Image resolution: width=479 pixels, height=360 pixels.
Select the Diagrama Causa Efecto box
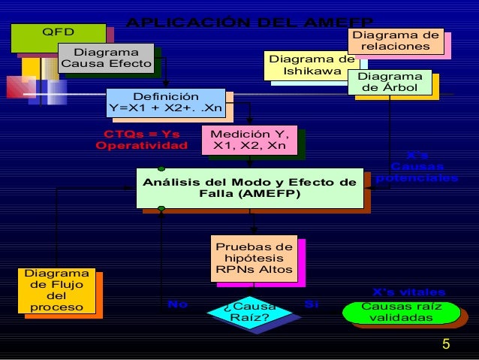105,59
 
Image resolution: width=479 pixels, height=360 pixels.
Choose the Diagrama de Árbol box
390,83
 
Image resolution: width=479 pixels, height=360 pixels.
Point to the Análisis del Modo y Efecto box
249,187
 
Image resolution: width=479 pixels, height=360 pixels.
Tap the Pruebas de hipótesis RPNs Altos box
254,259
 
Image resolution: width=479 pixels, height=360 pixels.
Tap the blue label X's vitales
409,292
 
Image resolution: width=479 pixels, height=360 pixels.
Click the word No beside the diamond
177,304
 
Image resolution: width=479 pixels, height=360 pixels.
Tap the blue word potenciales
417,178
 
